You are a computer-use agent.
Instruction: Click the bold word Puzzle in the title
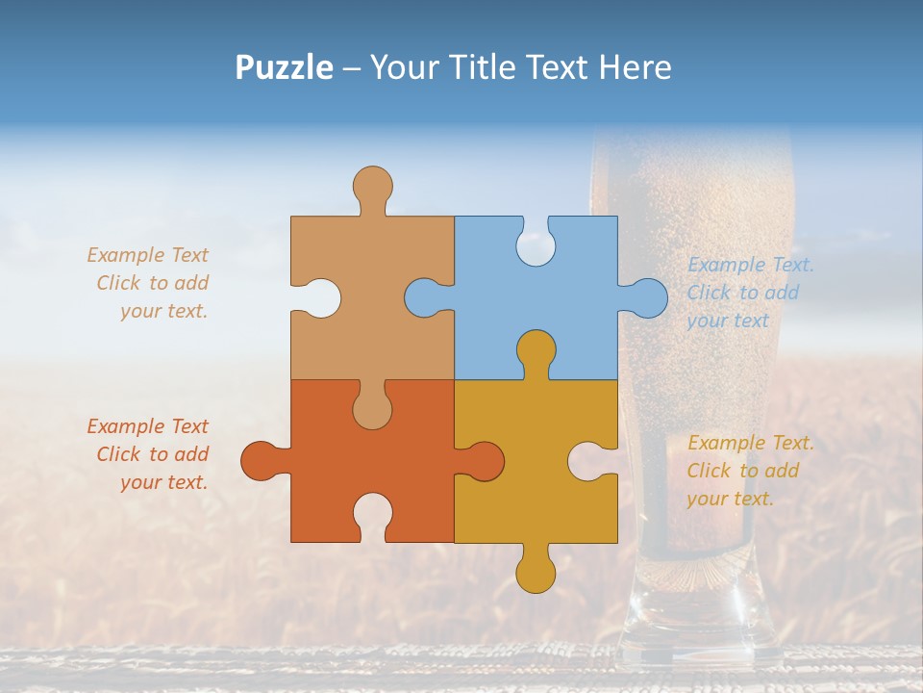point(284,67)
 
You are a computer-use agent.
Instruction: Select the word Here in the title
point(634,67)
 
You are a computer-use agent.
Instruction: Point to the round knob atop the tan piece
point(372,185)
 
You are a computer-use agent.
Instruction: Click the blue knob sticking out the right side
point(647,297)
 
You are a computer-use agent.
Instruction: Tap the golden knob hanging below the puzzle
point(536,573)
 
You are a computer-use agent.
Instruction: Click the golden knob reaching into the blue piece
point(536,351)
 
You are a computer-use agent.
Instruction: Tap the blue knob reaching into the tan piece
point(424,297)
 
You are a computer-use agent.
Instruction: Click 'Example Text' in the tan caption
point(147,255)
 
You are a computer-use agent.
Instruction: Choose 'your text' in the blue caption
point(728,321)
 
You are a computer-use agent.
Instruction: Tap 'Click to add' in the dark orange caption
point(152,454)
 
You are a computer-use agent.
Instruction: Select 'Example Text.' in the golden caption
point(751,443)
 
